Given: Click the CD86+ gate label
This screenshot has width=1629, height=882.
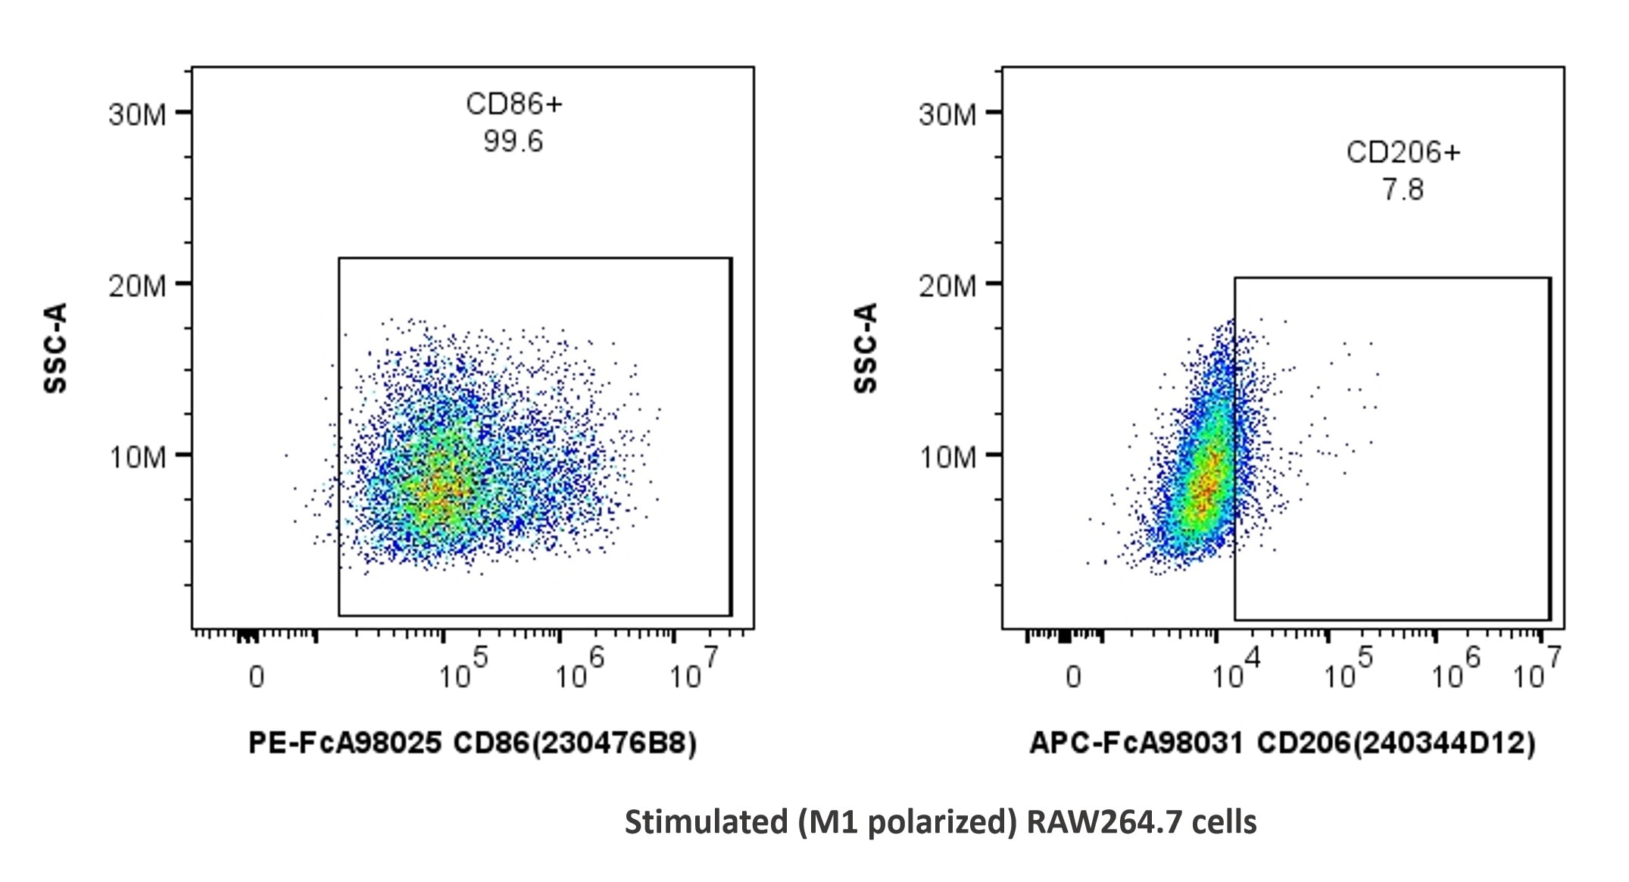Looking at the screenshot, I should point(513,105).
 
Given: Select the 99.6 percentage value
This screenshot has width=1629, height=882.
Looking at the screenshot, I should point(513,142).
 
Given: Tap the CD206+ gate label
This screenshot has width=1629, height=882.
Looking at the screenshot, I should point(1403,153).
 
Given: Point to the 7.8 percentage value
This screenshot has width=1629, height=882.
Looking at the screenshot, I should point(1403,189).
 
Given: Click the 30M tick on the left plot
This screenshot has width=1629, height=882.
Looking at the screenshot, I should point(137,114).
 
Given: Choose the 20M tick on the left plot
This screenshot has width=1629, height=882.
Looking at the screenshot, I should point(137,286).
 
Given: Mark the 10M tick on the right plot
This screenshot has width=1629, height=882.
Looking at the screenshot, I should point(947,458).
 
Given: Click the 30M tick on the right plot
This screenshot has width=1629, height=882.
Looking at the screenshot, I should point(947,114).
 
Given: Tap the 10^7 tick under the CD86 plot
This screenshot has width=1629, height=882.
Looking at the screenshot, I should point(693,671).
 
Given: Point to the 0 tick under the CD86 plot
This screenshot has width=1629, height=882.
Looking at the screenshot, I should point(257,677).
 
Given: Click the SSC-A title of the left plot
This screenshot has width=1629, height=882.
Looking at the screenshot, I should point(55,348).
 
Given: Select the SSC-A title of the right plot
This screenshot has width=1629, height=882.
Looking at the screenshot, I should point(865,348).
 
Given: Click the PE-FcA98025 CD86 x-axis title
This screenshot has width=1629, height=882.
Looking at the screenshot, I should point(473,743).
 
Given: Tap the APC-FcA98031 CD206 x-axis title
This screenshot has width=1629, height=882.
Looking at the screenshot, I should point(1282,743).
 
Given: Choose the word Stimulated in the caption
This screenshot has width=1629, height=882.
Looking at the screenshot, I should point(705,821).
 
